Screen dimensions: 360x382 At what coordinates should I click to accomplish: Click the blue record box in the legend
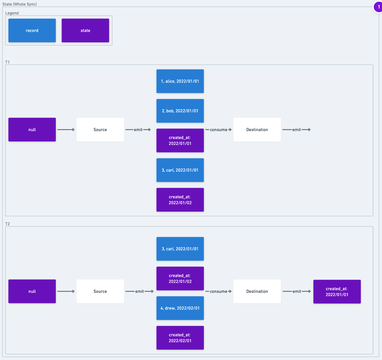tap(32, 30)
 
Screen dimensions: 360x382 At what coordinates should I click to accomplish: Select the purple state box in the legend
tap(85, 30)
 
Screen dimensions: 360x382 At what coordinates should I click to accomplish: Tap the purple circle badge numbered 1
tap(378, 7)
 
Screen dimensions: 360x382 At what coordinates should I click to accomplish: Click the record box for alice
tap(180, 81)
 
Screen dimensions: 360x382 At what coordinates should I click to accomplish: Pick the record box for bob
tap(180, 111)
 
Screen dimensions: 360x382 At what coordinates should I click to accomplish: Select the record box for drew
tap(180, 308)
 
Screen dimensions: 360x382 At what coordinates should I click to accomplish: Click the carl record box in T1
tap(180, 170)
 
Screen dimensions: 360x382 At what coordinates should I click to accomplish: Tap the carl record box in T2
tap(180, 249)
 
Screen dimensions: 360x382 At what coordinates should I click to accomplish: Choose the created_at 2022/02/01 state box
tap(180, 338)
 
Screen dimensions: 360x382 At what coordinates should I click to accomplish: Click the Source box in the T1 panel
tap(100, 129)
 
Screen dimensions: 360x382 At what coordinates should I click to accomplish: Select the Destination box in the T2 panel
tap(257, 291)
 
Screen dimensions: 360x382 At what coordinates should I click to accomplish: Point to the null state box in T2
tap(32, 291)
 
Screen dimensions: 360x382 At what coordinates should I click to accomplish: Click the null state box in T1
tap(32, 129)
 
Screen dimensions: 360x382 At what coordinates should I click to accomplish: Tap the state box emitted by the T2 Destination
tap(337, 291)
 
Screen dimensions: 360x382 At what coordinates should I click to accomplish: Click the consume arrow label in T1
tap(218, 130)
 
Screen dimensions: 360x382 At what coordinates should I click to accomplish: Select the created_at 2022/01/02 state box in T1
tap(180, 200)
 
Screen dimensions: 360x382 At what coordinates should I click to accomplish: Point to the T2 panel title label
tap(8, 224)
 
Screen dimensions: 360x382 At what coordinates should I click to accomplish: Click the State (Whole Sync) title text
tap(20, 4)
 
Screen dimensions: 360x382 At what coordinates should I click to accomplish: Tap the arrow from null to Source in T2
tap(66, 291)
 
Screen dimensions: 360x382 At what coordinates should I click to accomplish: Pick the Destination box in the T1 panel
tap(257, 129)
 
